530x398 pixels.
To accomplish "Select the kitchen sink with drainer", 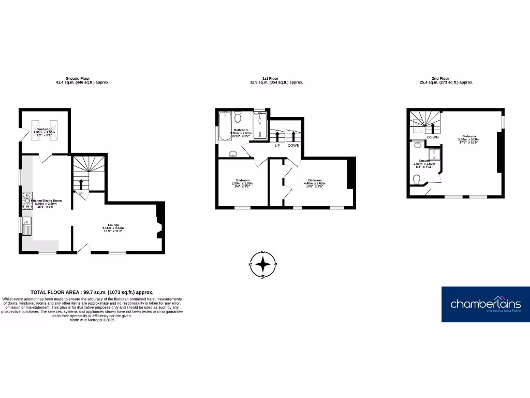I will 27,226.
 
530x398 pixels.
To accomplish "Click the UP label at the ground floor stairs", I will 81,193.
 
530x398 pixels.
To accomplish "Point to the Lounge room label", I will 114,226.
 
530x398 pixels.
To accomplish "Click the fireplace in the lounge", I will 159,226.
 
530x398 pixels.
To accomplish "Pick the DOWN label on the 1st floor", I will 293,146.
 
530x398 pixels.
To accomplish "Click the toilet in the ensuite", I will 417,179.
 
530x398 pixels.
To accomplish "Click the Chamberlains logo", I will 485,304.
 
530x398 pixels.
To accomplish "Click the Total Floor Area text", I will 92,292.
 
